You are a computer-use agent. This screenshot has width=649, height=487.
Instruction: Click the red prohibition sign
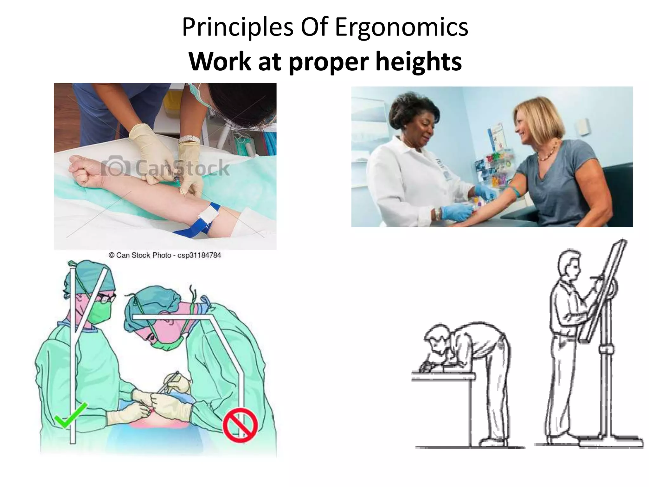tap(240, 425)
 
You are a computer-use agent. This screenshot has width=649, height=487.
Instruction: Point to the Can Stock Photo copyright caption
tap(165, 255)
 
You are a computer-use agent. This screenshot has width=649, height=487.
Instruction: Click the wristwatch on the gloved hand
tap(189, 140)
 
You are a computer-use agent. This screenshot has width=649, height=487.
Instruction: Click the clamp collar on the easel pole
tap(606, 350)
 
